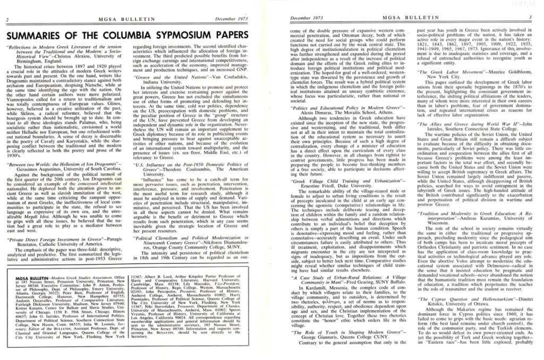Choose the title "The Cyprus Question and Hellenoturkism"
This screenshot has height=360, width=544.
point(460,299)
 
